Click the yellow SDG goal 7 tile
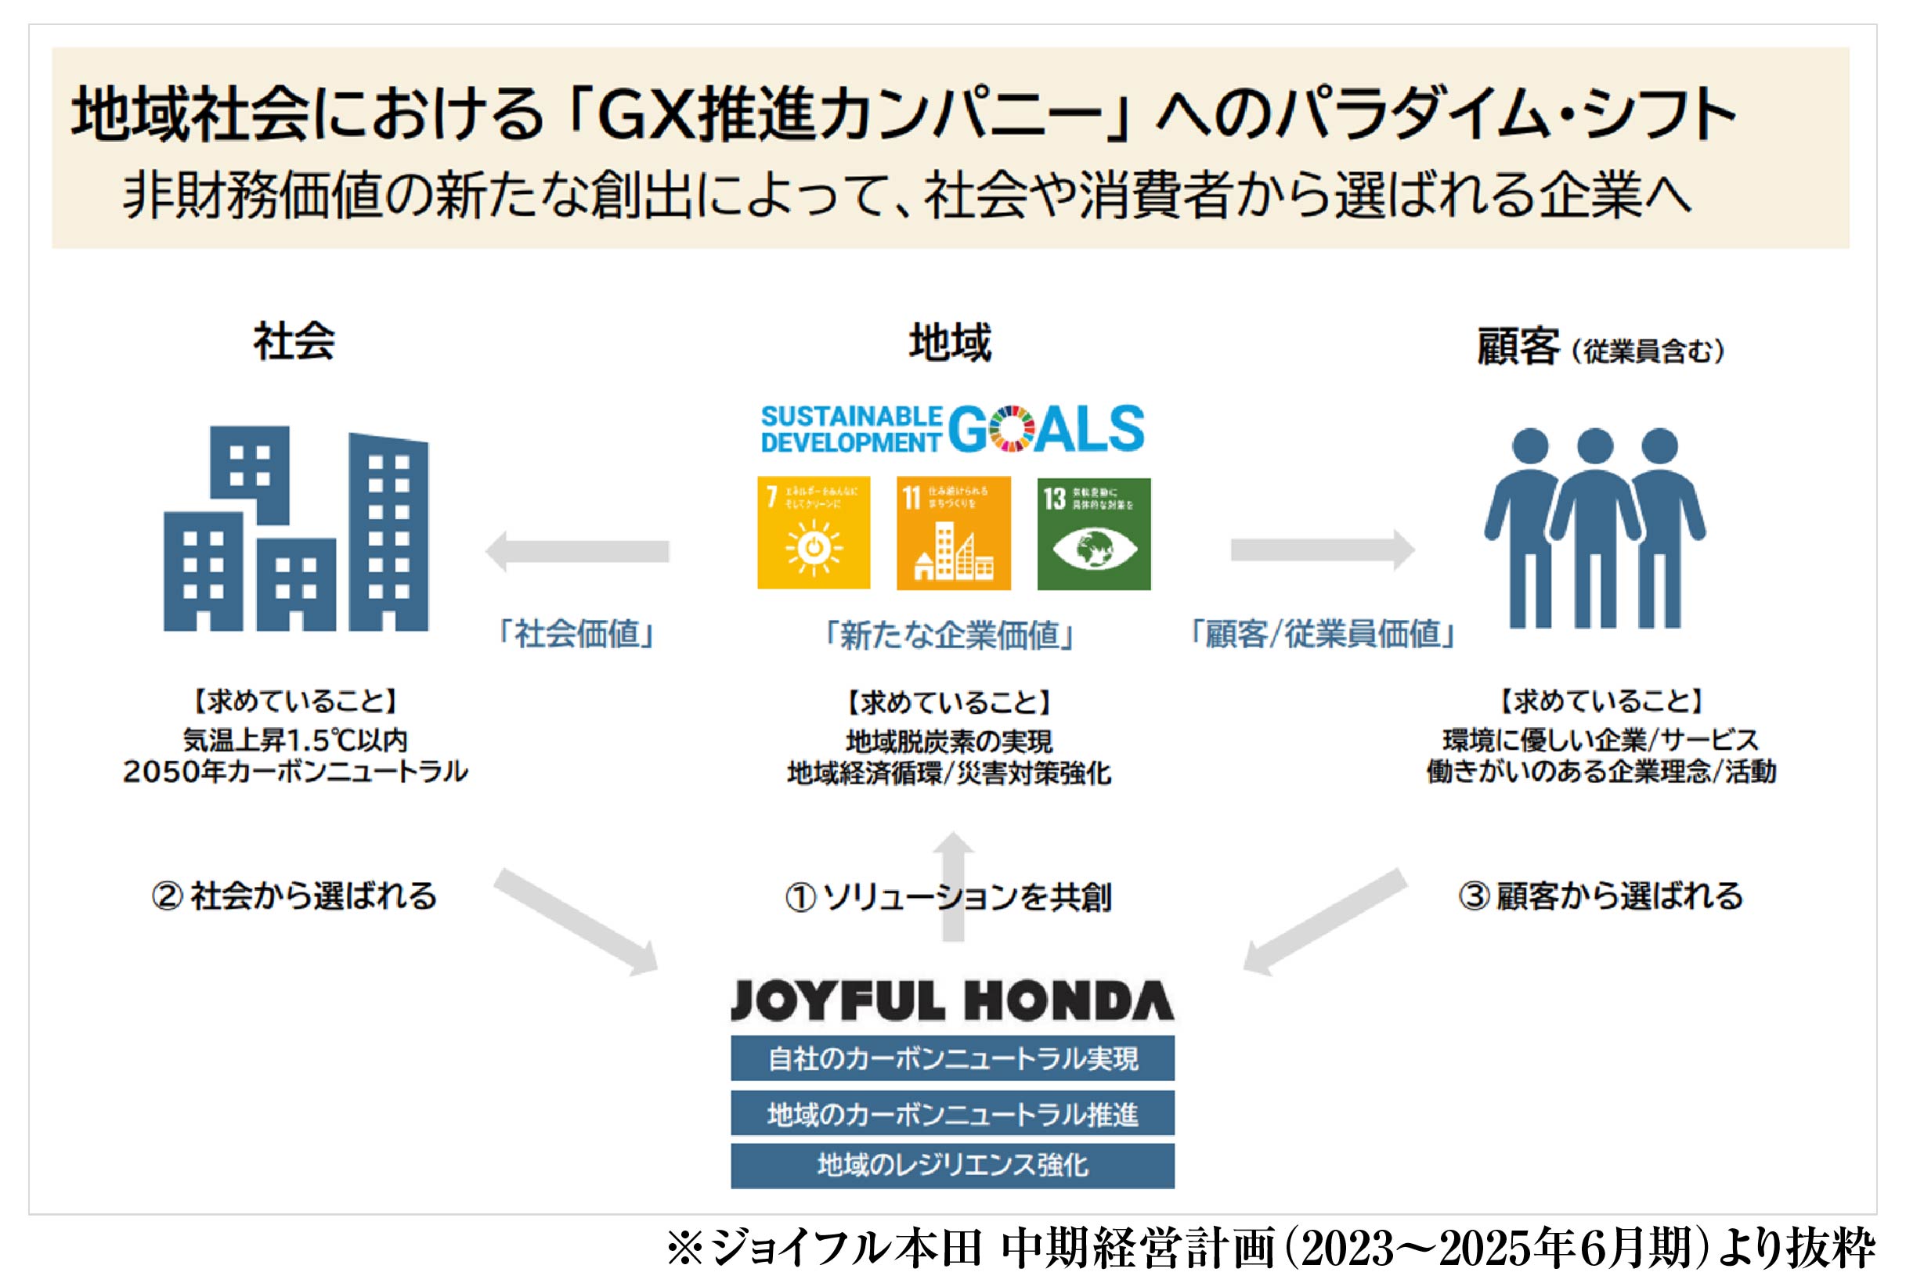814,532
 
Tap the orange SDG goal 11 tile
954,532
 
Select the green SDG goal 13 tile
1093,534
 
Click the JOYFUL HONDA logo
951,1000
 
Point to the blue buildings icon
295,528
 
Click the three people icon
1594,528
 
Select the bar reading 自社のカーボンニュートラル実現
951,1059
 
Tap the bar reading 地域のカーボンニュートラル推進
951,1114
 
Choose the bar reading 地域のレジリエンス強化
951,1165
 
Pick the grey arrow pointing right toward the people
1323,550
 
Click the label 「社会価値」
577,634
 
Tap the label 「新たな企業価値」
949,635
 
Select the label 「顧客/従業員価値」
1322,634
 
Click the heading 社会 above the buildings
294,341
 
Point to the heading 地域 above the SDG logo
950,342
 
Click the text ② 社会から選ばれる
294,896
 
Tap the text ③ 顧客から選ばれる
1601,896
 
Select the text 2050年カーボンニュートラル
295,772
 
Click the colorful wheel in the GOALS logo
1012,429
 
